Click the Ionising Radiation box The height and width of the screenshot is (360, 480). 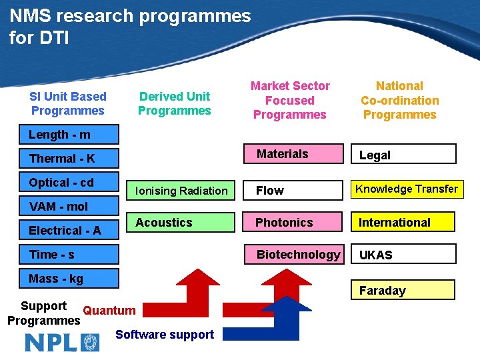[181, 191]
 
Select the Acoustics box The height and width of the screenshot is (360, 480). [181, 223]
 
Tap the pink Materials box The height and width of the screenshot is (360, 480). [293, 155]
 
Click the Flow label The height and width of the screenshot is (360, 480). [270, 191]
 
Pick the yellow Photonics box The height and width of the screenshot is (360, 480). [293, 223]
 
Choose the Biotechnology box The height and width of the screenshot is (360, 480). [293, 255]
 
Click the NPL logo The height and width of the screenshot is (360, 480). [62, 343]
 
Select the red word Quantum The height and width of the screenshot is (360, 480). [109, 310]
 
